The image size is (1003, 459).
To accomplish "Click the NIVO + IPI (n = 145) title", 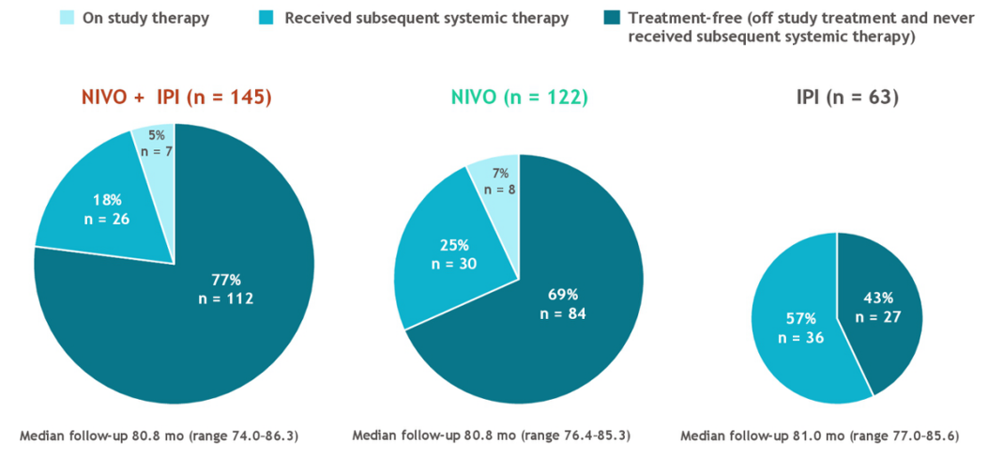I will (x=175, y=97).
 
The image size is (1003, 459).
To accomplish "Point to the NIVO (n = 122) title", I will (x=519, y=97).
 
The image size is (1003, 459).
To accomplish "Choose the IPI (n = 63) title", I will (x=837, y=97).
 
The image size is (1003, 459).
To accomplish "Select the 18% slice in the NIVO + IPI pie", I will (x=103, y=210).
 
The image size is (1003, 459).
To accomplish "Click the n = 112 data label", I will (x=225, y=299).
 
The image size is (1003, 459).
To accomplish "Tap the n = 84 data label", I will (x=563, y=314).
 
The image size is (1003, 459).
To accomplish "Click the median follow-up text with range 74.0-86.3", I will (x=164, y=436).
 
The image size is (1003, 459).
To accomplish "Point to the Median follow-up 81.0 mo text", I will (x=819, y=436).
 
